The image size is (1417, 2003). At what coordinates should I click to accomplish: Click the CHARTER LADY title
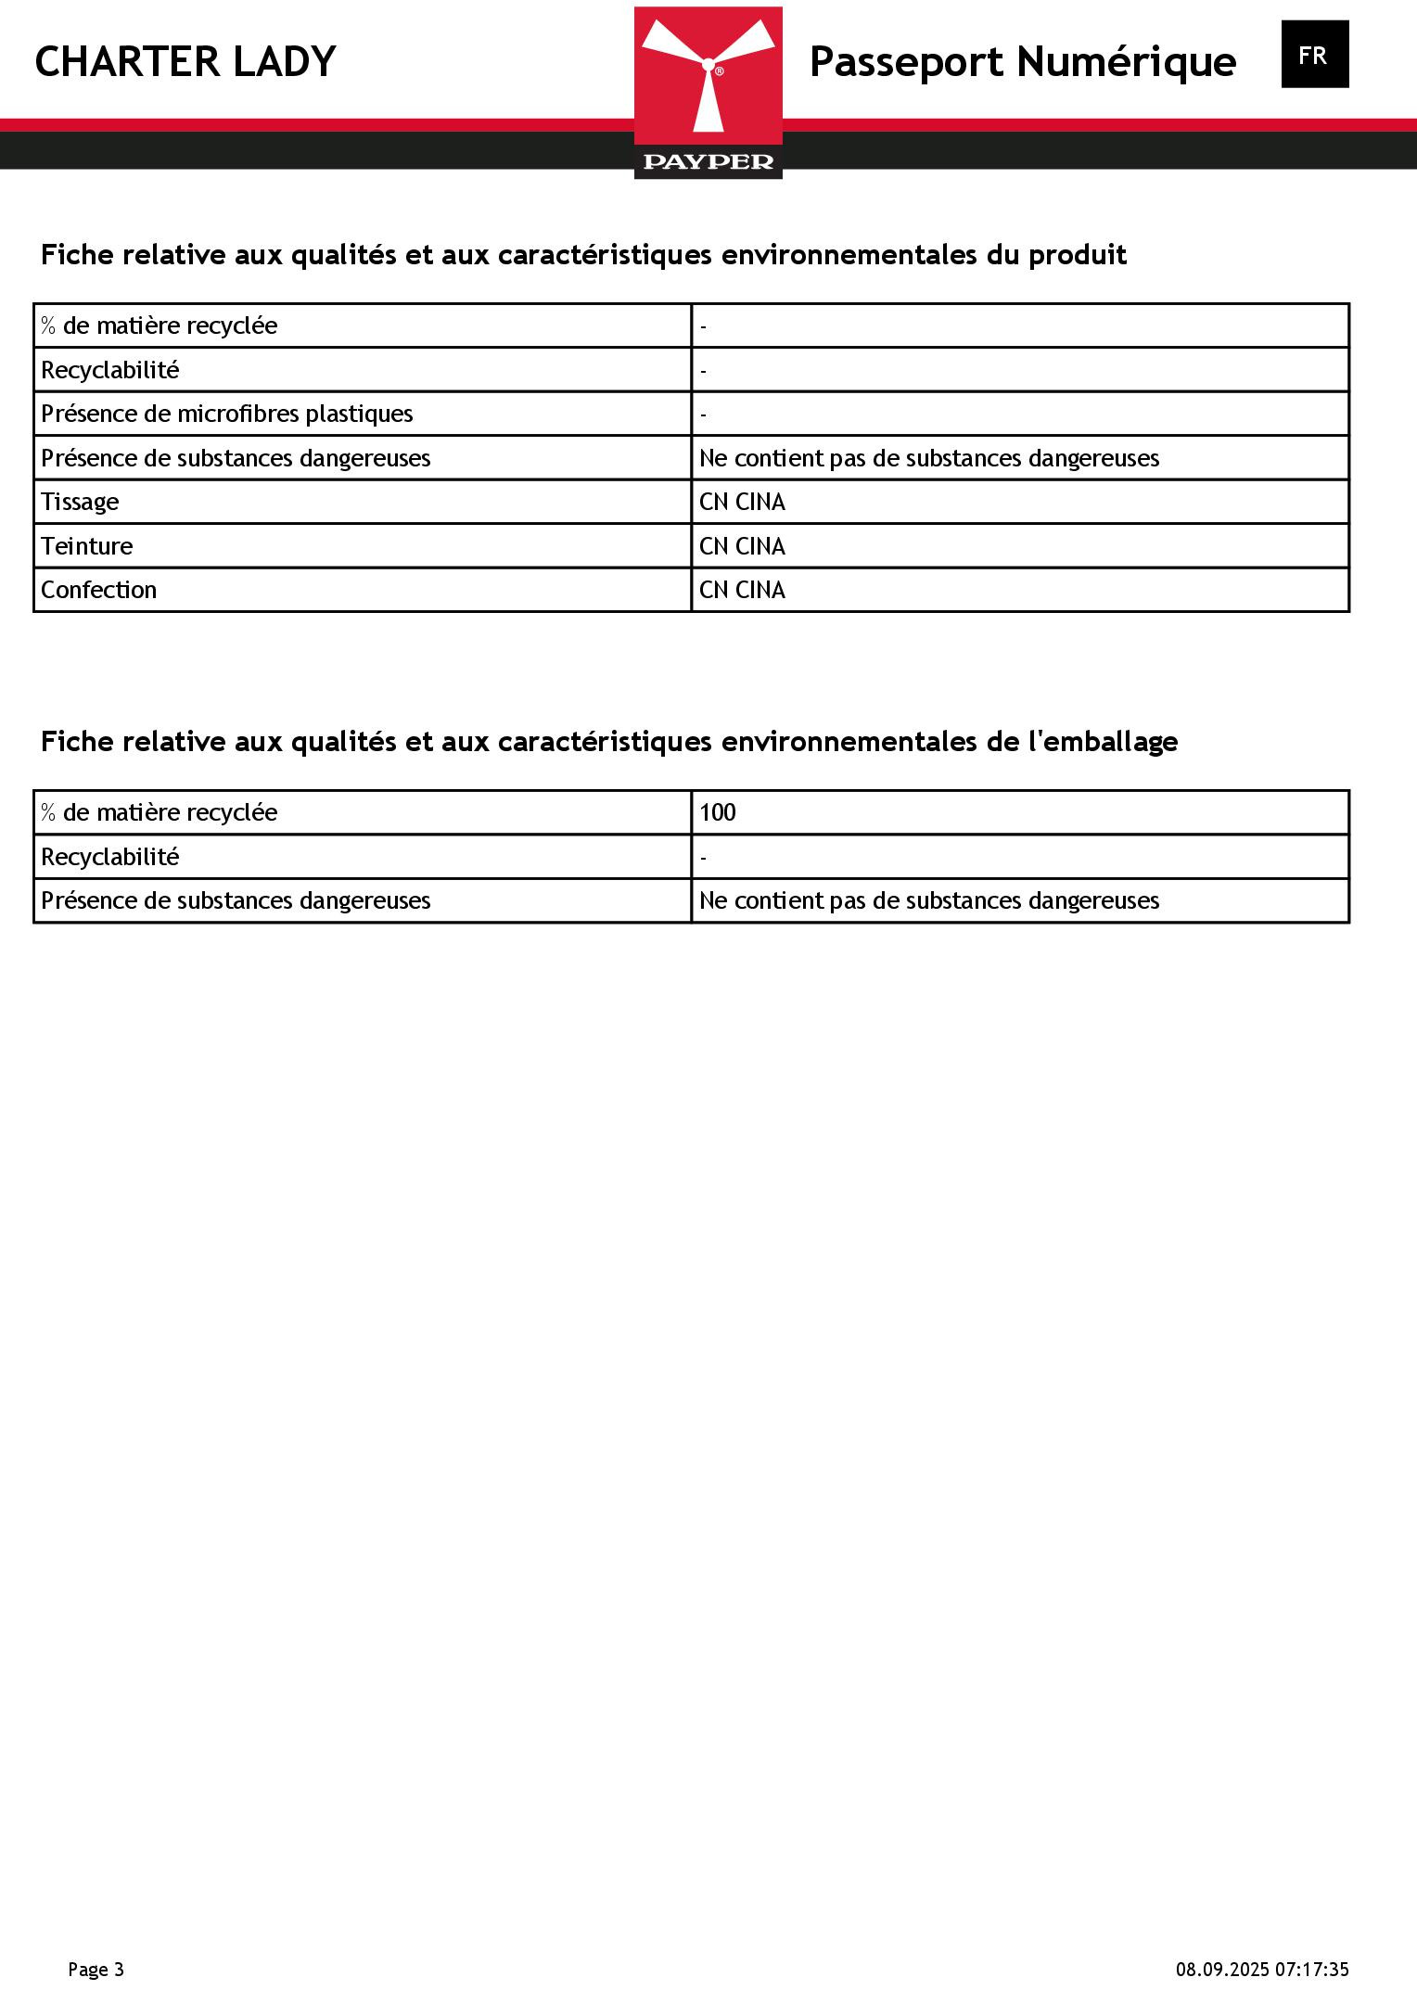click(x=185, y=62)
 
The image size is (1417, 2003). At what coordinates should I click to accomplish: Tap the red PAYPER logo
click(x=708, y=93)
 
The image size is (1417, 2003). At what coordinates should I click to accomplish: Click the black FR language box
click(x=1314, y=55)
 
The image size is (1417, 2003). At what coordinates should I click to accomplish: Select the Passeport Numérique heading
click(x=1022, y=62)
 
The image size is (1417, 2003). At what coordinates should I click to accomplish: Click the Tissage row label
click(x=80, y=502)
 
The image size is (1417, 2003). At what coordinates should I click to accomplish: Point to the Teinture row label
click(x=86, y=546)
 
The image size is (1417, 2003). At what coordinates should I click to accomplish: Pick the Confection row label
click(x=98, y=590)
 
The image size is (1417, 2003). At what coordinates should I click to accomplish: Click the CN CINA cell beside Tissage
click(x=742, y=502)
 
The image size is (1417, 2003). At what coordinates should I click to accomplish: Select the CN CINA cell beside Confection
click(x=742, y=590)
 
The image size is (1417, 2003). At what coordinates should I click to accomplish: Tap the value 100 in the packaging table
click(x=717, y=812)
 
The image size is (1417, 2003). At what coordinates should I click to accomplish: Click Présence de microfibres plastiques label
click(x=227, y=414)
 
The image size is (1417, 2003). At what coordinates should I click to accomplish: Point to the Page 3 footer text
click(x=96, y=1969)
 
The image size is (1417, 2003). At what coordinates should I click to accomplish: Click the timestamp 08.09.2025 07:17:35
click(x=1262, y=1969)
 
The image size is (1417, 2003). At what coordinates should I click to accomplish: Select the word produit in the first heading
click(x=1077, y=254)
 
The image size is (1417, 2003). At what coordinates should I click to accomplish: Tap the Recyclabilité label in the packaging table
click(x=109, y=857)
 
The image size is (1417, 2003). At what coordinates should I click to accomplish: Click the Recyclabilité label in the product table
click(x=109, y=370)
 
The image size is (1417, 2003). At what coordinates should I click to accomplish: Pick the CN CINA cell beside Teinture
click(x=742, y=546)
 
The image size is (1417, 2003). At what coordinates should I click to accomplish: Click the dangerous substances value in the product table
click(x=928, y=458)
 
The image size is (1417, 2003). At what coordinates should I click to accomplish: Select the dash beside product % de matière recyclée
click(x=704, y=326)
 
